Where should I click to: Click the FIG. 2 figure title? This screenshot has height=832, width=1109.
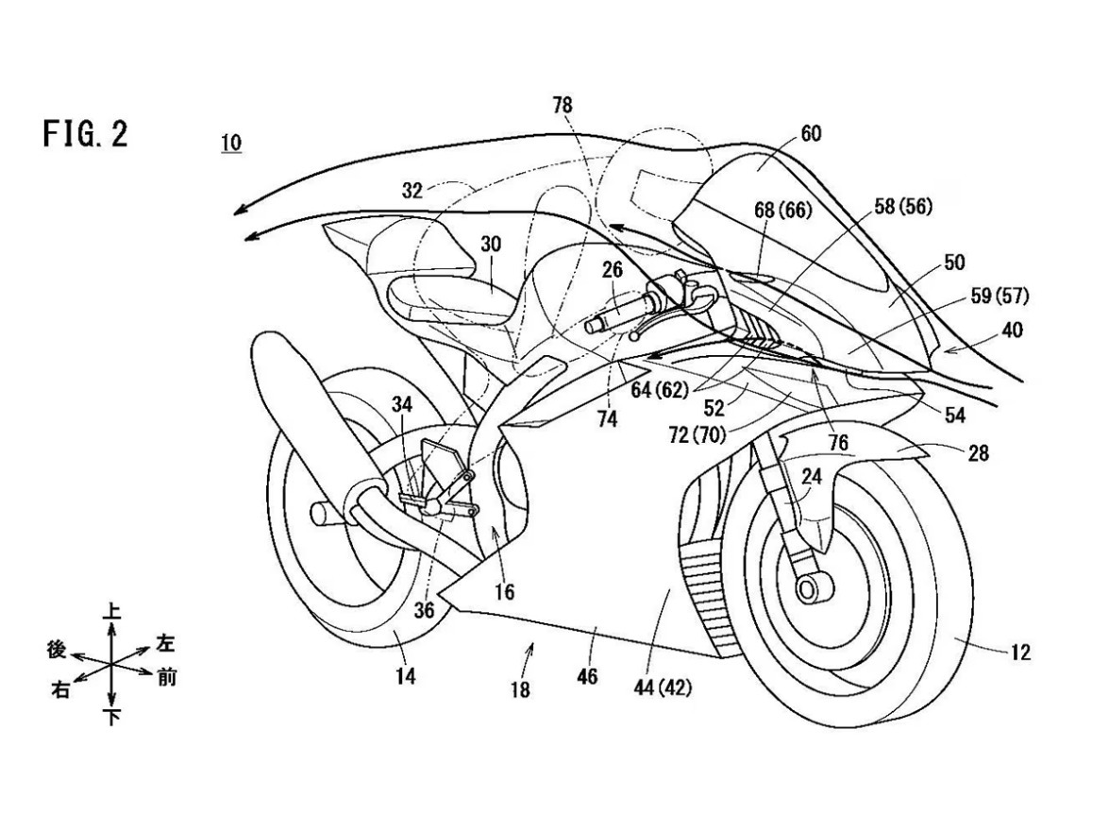pos(85,135)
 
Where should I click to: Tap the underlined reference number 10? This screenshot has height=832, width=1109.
pos(230,144)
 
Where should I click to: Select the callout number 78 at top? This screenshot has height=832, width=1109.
pos(562,106)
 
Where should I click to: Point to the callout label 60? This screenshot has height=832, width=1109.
pos(810,134)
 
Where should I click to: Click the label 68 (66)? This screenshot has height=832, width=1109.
pos(782,210)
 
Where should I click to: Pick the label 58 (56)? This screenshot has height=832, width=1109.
pos(903,207)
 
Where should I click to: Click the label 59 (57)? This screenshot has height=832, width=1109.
pos(1000,296)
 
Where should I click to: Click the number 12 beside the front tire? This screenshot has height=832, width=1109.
pos(1019,653)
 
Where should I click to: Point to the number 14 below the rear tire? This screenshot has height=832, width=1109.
pos(406,676)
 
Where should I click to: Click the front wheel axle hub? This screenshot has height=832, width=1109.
pos(808,589)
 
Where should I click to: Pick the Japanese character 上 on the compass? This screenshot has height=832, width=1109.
pos(112,613)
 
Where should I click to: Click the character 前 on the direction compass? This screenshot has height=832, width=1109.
pos(166,678)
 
